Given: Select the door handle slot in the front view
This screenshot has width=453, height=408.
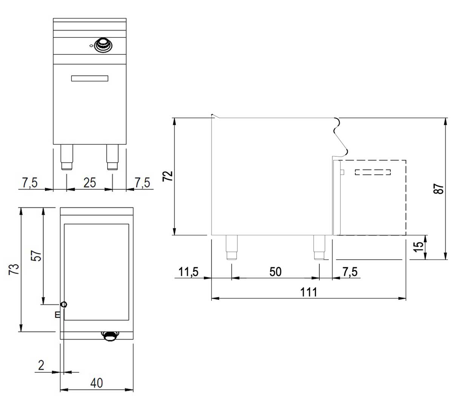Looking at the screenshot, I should tap(90, 78).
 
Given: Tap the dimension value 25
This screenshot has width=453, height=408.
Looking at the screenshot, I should tap(89, 183).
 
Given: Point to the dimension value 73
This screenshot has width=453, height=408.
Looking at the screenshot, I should tap(14, 269).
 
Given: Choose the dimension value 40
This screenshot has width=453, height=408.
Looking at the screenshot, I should tap(97, 383).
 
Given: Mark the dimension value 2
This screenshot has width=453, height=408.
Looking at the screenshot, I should tap(41, 365).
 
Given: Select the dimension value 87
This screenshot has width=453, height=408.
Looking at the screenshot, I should tap(438, 189).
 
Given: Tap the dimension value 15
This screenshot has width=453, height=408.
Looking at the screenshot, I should tap(418, 247).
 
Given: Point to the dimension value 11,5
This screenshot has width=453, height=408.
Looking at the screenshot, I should tap(189, 272).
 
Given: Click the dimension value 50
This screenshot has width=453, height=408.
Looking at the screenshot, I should tap(276, 272).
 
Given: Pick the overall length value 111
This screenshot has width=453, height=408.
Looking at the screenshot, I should tap(309, 292).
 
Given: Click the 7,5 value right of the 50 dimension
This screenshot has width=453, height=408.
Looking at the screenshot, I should tap(350, 272).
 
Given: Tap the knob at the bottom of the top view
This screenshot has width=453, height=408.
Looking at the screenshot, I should tap(110, 335).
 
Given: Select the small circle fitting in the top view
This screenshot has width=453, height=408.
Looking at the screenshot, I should tap(64, 304).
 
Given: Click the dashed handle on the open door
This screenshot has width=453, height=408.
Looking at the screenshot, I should tap(373, 172).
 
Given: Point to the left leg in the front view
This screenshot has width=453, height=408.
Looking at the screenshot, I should tap(67, 157).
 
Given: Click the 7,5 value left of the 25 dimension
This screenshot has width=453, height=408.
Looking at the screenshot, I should tap(30, 183).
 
